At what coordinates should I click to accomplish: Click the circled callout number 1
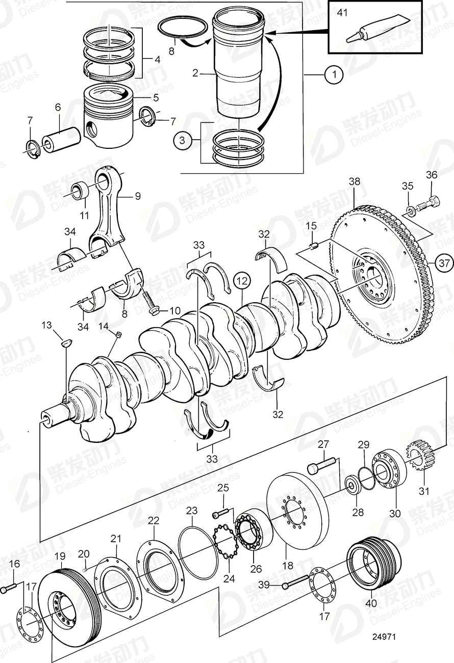click(334, 75)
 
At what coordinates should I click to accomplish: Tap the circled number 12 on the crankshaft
click(243, 280)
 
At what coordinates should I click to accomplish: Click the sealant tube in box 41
click(379, 29)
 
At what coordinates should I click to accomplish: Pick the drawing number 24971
click(384, 637)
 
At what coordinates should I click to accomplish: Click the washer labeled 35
click(411, 210)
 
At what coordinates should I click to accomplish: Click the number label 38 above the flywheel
click(354, 181)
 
